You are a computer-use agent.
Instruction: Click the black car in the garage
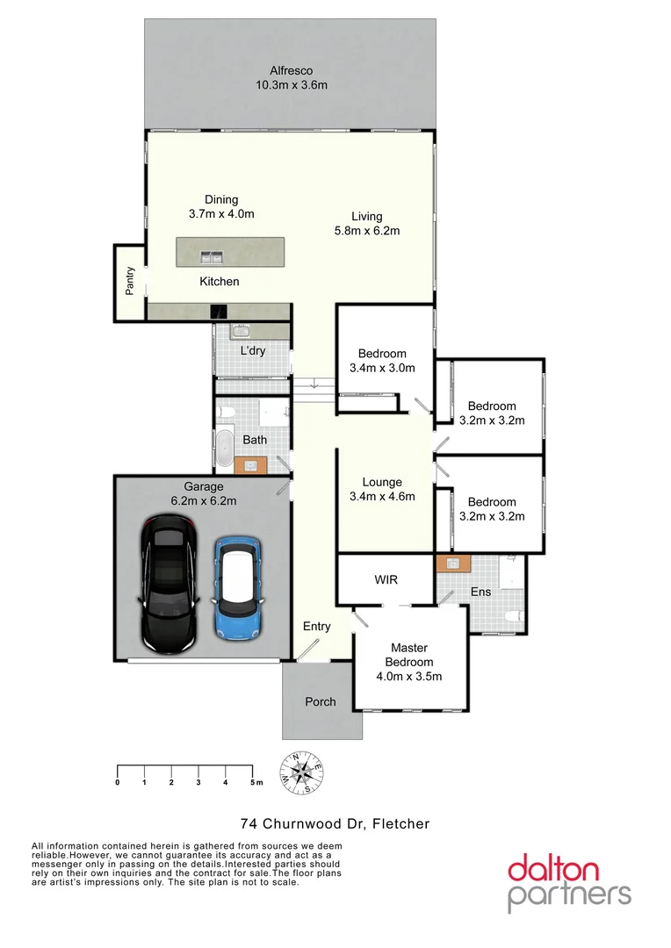click(169, 585)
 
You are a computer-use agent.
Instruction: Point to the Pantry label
click(130, 281)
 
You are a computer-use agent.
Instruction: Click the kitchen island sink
click(212, 257)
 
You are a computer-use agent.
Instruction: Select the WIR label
click(387, 580)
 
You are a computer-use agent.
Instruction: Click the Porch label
click(320, 701)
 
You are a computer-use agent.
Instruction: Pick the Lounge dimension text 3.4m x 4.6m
click(382, 496)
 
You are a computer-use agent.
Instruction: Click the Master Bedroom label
click(408, 655)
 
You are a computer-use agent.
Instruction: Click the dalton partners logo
click(568, 882)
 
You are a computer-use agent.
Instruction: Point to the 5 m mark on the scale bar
click(255, 781)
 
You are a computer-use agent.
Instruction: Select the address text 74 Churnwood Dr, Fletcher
click(335, 823)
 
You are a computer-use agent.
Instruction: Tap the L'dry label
click(253, 351)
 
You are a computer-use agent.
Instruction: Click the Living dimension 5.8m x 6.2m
click(367, 231)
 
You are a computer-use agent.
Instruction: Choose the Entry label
click(317, 626)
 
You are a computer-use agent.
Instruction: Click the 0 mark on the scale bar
click(117, 781)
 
